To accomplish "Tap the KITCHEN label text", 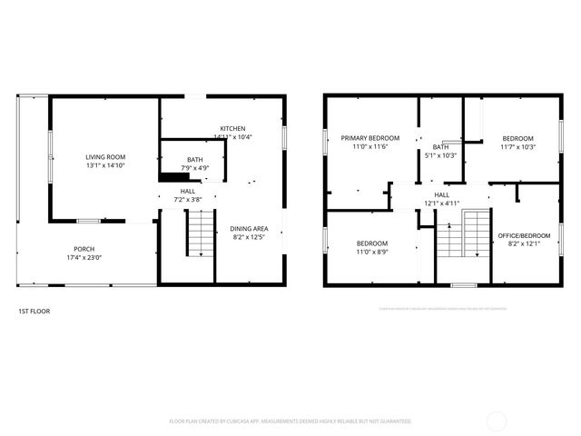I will tap(232, 128).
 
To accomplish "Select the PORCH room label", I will tap(84, 249).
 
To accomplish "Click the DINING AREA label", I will tap(248, 229).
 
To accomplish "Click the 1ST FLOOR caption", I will tap(34, 312).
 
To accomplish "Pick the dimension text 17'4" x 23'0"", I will tap(84, 258).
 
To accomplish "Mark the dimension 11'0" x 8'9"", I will tap(371, 252).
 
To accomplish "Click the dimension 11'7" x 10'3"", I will tap(518, 147).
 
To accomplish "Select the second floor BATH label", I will tap(440, 147).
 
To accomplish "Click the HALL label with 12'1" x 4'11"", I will tap(441, 194).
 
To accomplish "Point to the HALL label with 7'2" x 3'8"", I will tap(187, 192).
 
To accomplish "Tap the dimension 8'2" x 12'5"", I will tap(248, 238).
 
